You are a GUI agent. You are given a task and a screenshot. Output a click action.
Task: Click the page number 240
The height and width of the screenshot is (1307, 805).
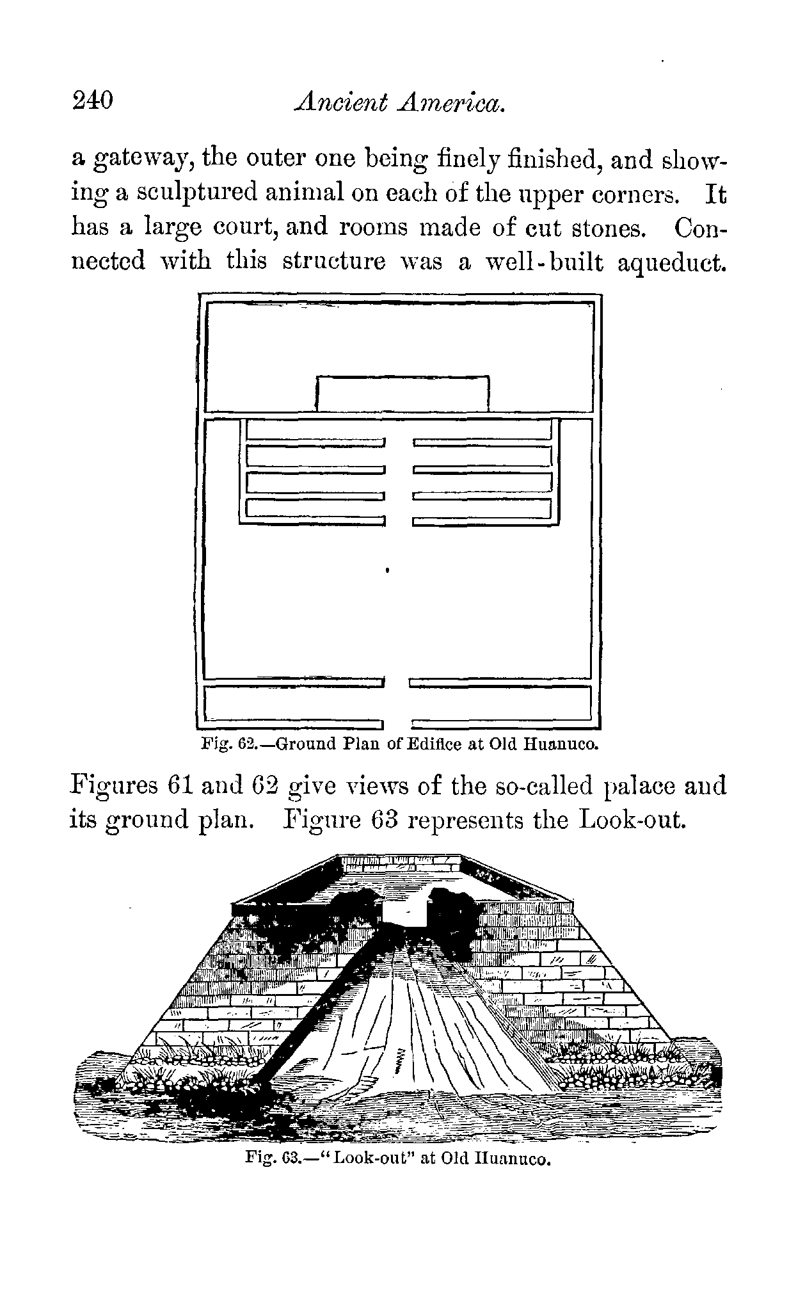[93, 102]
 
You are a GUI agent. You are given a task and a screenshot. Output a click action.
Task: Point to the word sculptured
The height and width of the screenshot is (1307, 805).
[193, 193]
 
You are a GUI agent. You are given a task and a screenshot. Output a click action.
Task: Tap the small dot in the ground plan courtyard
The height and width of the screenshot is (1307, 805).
[389, 567]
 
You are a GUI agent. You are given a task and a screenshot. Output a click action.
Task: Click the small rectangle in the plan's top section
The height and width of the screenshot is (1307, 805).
[403, 394]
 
